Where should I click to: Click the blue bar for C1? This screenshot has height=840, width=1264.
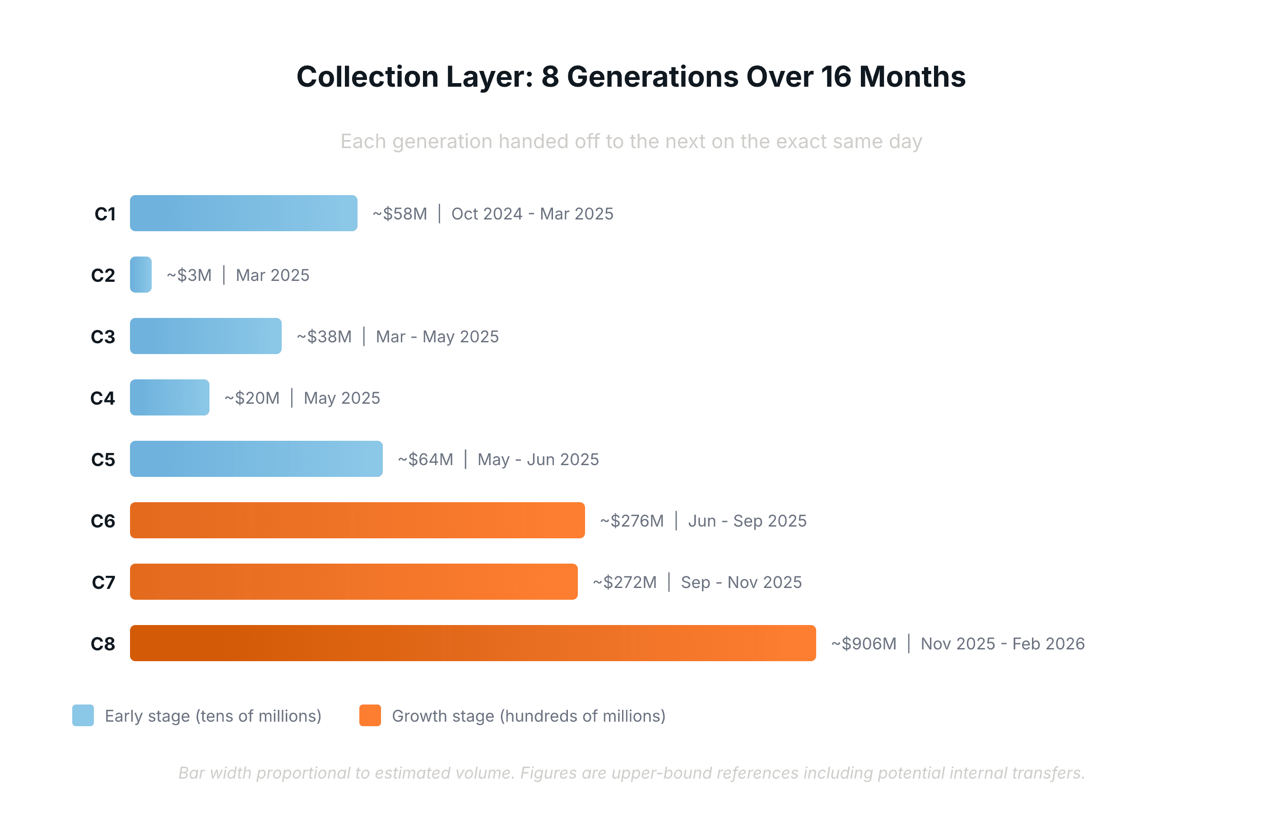point(244,213)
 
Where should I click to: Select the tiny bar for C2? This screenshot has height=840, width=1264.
point(141,275)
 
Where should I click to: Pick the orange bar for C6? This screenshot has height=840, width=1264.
point(357,520)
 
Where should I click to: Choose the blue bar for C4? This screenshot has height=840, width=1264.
point(169,397)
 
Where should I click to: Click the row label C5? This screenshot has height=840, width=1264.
point(103,460)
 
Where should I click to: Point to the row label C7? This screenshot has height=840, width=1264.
point(103,582)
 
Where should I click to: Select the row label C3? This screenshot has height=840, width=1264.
point(103,337)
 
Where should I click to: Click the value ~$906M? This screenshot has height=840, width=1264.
point(864,644)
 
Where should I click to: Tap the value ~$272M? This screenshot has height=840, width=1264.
point(624,582)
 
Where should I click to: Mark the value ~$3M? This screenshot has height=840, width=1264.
point(189,275)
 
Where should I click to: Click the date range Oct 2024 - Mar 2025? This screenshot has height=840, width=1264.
point(532,214)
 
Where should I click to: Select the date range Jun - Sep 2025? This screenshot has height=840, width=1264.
point(747,521)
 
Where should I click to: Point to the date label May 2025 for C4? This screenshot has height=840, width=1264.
point(342,398)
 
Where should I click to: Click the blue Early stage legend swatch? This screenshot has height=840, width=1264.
point(83,715)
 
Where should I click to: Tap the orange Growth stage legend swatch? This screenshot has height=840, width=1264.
point(370,715)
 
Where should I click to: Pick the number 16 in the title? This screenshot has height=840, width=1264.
point(835,77)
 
